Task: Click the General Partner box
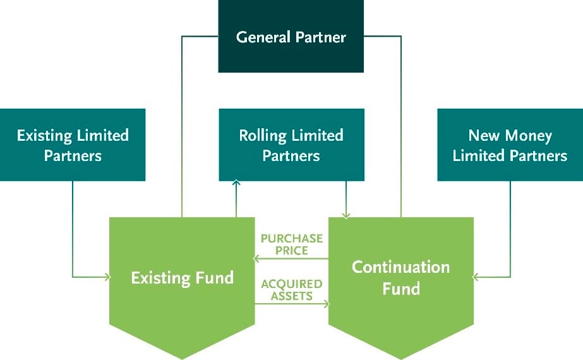tap(291, 36)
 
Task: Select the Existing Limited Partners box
tap(73, 145)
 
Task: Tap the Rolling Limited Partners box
tap(292, 145)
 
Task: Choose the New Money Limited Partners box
tap(510, 145)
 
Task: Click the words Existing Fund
tap(182, 278)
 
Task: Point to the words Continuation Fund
tap(401, 278)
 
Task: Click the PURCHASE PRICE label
tap(292, 244)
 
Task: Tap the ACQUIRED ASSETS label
tap(292, 290)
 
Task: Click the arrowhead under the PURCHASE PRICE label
tap(256, 258)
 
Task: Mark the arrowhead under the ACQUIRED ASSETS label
tap(327, 304)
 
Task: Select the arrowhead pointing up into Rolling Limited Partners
tap(236, 183)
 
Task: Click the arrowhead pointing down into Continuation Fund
tap(346, 215)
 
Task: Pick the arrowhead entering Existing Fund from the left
tap(108, 277)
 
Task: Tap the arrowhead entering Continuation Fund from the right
tap(475, 277)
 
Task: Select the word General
tap(263, 37)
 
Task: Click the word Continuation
tap(401, 267)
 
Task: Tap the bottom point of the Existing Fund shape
tap(182, 359)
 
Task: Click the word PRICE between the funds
tap(292, 250)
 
